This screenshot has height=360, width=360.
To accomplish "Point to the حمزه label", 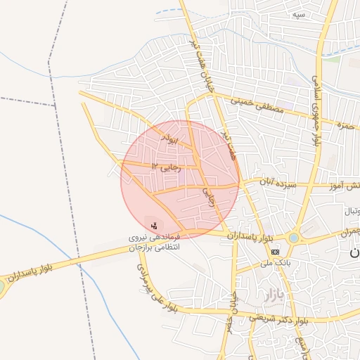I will tap(344, 124).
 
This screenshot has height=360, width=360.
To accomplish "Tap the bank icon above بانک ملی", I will tap(275, 251).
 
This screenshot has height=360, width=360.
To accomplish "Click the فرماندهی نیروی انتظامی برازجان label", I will tap(153, 243).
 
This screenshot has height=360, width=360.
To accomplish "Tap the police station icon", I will tap(154, 226).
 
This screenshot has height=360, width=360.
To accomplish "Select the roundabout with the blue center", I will tap(293, 238).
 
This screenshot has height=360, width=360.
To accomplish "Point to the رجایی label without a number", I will tap(208, 196).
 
